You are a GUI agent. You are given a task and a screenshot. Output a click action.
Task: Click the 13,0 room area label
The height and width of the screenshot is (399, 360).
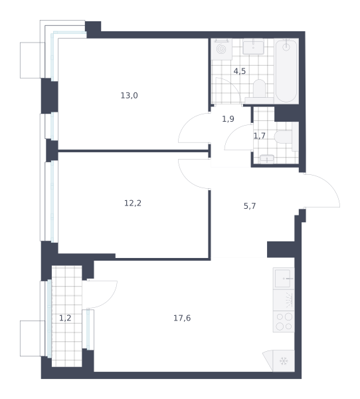(x=129, y=96)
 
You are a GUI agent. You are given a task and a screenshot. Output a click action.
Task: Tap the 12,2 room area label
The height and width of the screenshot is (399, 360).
(x=133, y=203)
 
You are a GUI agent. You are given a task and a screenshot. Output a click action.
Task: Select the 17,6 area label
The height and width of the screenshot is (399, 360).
(x=182, y=318)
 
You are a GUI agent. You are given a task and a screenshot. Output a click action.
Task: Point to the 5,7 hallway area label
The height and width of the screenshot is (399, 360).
(x=250, y=206)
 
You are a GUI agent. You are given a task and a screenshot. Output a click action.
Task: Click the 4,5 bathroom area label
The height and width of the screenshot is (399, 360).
(x=240, y=71)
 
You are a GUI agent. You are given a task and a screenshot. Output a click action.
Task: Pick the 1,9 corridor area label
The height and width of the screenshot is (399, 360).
(x=228, y=119)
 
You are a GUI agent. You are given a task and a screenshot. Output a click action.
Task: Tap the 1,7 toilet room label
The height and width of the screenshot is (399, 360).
(x=260, y=136)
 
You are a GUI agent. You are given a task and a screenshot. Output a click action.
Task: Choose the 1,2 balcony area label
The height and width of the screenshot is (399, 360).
(x=65, y=318)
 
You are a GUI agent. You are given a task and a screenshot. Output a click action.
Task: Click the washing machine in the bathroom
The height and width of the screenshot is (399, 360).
(x=221, y=49)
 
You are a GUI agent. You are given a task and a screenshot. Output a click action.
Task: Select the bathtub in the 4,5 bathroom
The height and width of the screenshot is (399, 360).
(x=286, y=71)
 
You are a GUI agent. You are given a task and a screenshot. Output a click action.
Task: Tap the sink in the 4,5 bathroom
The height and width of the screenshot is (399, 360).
(x=253, y=47)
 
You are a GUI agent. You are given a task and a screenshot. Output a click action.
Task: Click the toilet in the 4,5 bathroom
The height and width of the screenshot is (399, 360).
(x=259, y=90)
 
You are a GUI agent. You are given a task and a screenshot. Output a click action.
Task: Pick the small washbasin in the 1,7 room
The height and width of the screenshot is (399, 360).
(x=267, y=159)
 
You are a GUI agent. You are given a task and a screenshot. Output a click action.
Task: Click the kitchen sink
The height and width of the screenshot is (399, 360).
(x=284, y=279)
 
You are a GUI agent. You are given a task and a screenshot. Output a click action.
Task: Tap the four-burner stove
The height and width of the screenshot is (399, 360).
(x=284, y=321)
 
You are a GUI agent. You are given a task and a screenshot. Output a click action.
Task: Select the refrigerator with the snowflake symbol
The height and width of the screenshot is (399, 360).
(x=284, y=361)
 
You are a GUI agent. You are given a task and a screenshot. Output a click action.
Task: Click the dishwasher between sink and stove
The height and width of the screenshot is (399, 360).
(x=284, y=300)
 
